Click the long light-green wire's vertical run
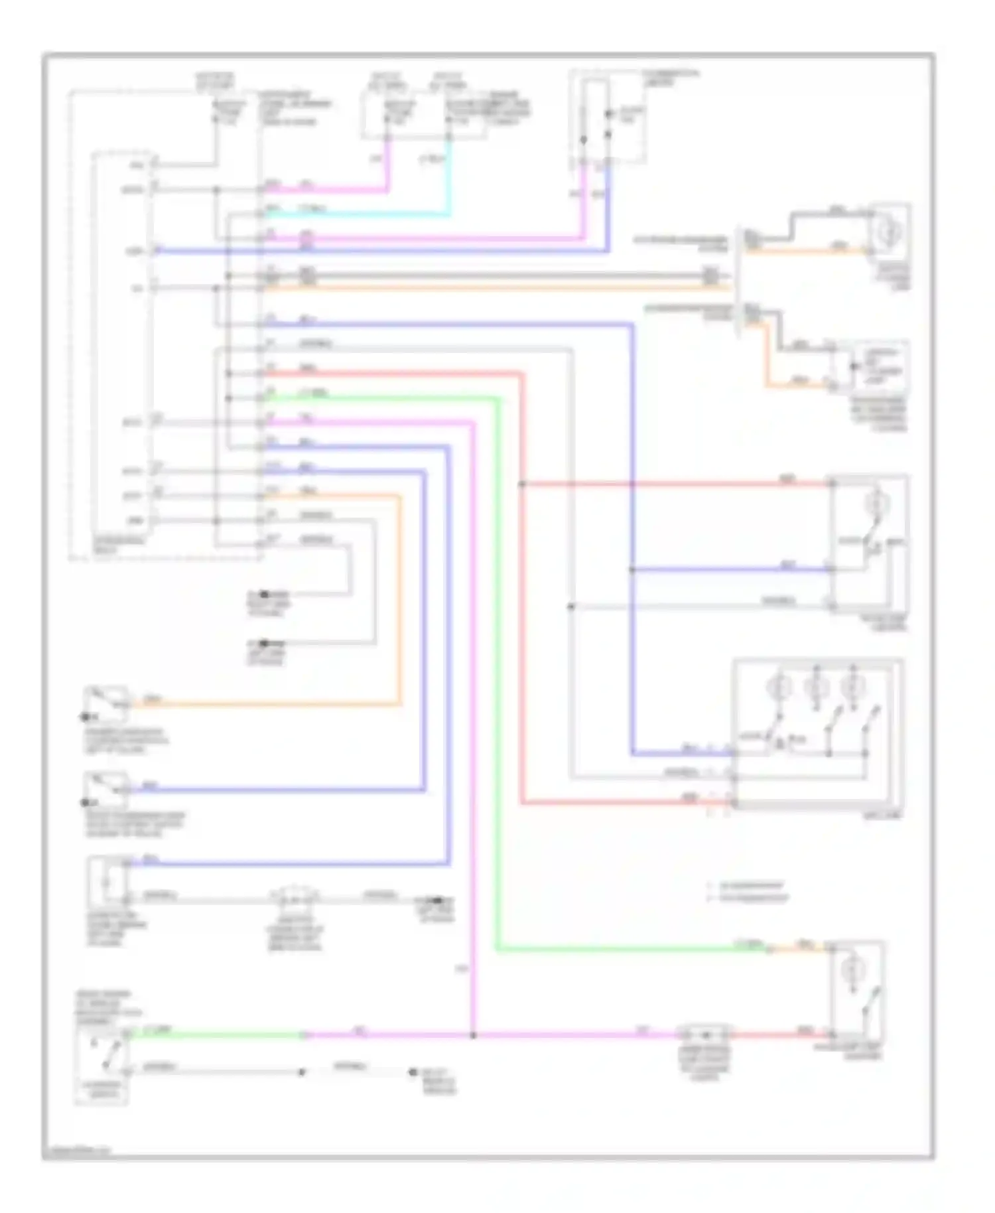click(497, 664)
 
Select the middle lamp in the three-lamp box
click(815, 687)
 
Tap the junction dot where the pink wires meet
click(473, 1035)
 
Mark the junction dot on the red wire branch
click(522, 484)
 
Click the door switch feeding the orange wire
click(106, 703)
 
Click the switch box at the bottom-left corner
click(101, 1067)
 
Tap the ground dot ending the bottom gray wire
click(413, 1072)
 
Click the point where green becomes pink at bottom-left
click(304, 1035)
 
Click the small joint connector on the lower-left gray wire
click(293, 898)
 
